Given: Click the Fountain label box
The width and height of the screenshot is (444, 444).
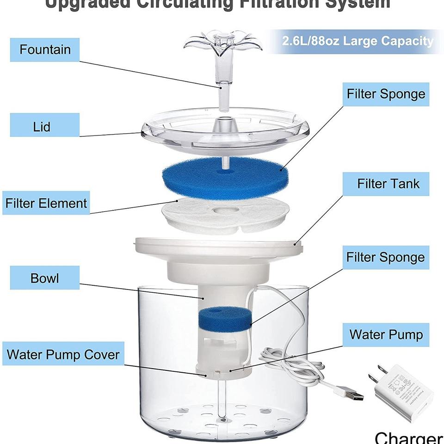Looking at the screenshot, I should [45, 49].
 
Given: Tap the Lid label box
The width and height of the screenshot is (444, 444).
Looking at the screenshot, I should [41, 126].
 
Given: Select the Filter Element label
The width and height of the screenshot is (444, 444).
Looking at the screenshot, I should [46, 203].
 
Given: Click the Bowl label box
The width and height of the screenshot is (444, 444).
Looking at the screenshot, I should [44, 278].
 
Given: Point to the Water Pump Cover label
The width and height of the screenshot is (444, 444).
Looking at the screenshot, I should [63, 355].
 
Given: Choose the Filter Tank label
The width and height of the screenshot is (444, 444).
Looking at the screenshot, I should [388, 184].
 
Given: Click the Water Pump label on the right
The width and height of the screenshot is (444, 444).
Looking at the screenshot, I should [386, 334].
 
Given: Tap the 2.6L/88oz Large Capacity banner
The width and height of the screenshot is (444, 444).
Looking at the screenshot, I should [358, 41].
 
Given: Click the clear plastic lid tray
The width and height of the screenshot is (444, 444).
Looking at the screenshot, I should [225, 134].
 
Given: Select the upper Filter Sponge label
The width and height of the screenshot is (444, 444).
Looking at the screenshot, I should [386, 94].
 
